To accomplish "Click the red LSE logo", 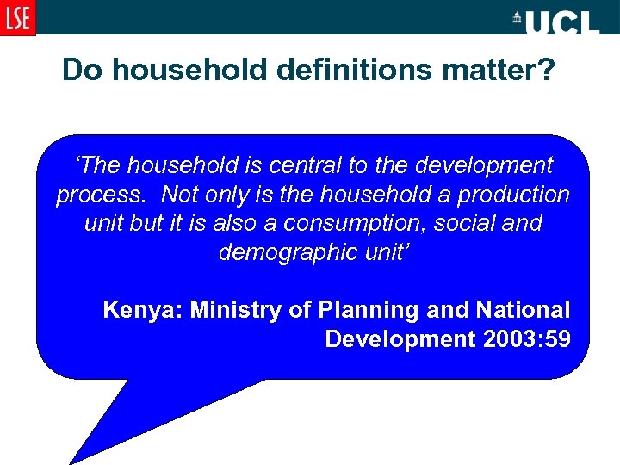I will (x=18, y=17).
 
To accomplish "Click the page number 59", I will (x=556, y=338).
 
